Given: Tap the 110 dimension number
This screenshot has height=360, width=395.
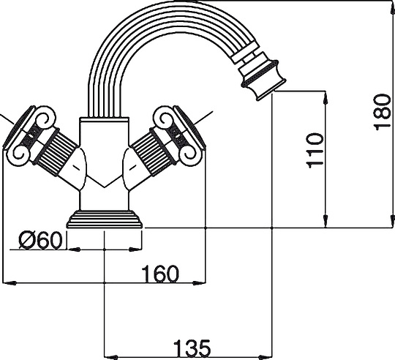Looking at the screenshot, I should [314, 150].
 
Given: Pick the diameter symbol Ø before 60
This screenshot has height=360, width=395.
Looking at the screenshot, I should [24, 239].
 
